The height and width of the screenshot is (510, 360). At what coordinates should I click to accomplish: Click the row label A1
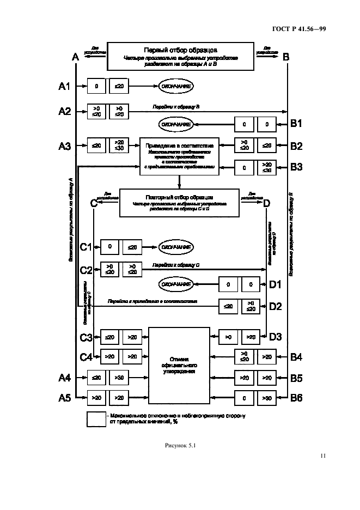(x=65, y=86)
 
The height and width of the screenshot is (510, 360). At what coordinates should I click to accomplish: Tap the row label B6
(x=296, y=398)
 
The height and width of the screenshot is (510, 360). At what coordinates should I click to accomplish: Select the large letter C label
(x=93, y=203)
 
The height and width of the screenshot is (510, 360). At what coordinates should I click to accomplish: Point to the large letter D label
(x=266, y=203)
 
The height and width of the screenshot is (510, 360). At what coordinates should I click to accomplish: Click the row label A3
(x=65, y=145)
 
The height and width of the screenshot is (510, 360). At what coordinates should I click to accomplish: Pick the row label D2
(x=276, y=306)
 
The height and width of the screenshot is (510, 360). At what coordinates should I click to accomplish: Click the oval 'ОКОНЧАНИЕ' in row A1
(x=176, y=86)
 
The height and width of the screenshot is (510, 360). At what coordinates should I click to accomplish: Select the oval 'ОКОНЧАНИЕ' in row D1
(x=176, y=284)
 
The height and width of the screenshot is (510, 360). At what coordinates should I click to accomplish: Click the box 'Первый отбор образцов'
(x=180, y=57)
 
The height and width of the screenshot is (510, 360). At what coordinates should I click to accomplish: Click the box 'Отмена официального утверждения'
(x=179, y=364)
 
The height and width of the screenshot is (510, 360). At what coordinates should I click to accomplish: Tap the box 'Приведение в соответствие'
(x=179, y=156)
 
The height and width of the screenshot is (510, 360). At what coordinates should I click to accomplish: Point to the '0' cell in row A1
(x=96, y=86)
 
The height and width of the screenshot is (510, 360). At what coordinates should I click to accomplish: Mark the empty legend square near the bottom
(x=96, y=419)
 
